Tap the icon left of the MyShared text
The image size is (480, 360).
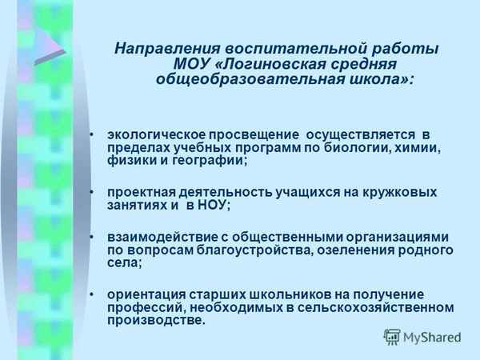(392, 337)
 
